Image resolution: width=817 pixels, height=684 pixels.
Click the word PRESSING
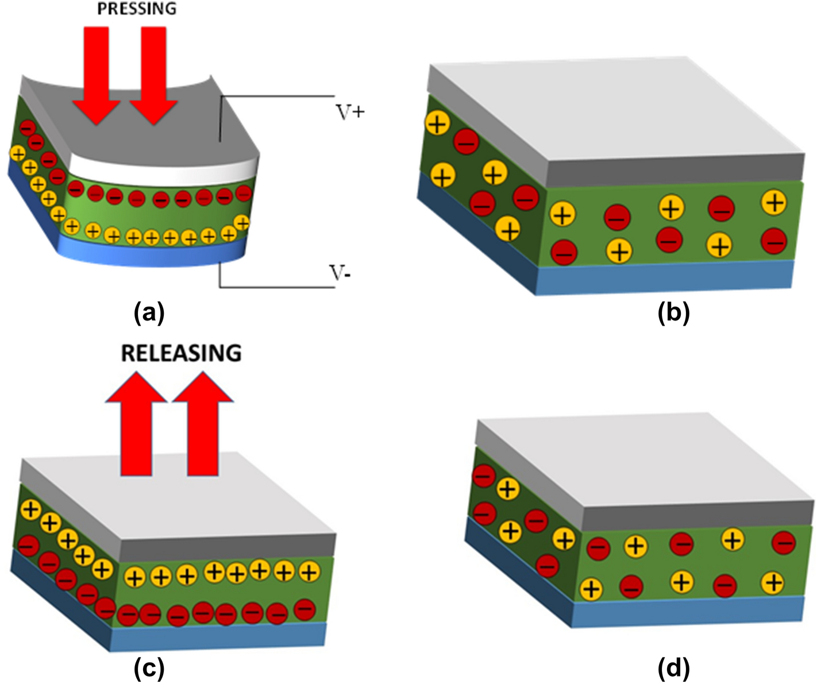tap(137, 9)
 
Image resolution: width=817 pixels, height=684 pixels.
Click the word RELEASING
tap(181, 353)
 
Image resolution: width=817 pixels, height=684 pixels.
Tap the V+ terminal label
tap(350, 112)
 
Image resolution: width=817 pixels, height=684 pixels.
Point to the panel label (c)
tap(149, 668)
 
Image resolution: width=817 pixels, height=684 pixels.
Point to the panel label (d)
tap(673, 668)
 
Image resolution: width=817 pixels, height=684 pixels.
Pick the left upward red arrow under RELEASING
tap(136, 425)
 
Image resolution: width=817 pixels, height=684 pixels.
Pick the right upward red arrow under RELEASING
tap(203, 425)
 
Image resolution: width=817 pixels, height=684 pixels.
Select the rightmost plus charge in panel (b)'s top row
tap(774, 203)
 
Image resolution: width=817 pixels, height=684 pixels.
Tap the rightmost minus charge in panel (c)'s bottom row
tap(305, 609)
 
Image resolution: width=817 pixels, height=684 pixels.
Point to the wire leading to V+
tap(276, 95)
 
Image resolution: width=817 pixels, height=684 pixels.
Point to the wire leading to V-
tap(276, 287)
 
